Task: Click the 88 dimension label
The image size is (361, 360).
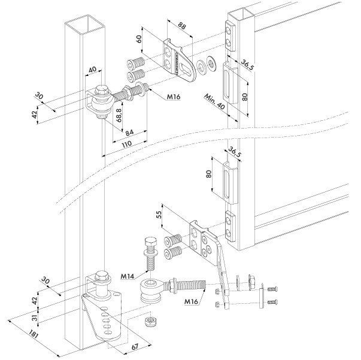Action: coord(181,26)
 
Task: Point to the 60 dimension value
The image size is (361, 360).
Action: coord(139,39)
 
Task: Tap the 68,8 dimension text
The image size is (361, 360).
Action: coord(119,115)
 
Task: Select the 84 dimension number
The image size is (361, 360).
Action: coord(130,132)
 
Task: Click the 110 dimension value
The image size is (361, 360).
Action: coord(126,144)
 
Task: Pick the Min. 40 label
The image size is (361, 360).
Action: coord(214,102)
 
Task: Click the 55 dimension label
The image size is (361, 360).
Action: coord(159,215)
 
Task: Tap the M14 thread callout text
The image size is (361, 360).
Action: coord(128,276)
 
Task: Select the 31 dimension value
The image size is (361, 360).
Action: coord(35,318)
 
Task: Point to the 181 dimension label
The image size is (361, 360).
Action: coord(34,335)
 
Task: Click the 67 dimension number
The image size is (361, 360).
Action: coord(135,346)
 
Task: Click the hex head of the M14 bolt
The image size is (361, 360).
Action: coord(151,242)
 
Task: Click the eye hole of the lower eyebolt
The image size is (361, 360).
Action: coord(150,283)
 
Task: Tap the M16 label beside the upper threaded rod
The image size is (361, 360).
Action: coord(174,97)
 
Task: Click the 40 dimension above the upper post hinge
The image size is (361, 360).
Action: coord(93,70)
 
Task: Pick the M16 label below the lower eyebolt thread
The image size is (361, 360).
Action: coord(191,301)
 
